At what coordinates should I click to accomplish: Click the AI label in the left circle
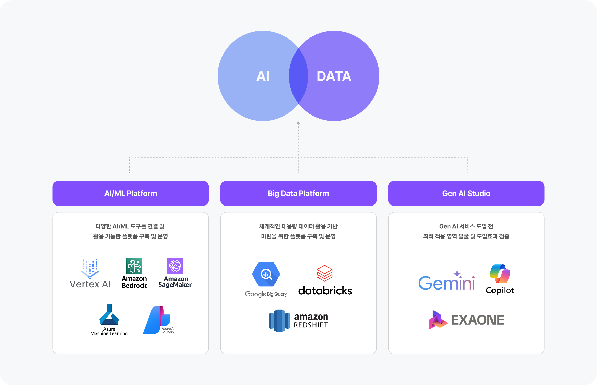tap(263, 76)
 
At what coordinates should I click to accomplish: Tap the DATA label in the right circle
tap(334, 76)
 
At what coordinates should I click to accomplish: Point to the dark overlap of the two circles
tap(298, 76)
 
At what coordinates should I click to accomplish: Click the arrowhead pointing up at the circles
tap(298, 123)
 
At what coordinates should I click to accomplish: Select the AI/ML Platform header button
tap(131, 193)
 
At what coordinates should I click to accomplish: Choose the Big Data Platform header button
tap(298, 193)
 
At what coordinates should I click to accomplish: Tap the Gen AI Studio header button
tap(466, 193)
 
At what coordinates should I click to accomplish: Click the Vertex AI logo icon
tap(90, 268)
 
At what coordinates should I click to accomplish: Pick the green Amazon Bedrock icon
tap(134, 266)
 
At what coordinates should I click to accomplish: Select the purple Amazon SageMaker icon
tap(175, 266)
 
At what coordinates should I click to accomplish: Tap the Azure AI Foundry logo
tap(156, 320)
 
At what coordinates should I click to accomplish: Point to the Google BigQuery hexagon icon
tap(266, 274)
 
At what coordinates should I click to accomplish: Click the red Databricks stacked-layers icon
tap(324, 273)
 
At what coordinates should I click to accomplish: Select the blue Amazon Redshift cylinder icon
tap(279, 321)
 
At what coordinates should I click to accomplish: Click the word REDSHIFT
tap(311, 325)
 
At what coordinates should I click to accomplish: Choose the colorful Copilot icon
tap(500, 274)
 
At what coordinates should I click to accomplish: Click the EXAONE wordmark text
tap(477, 320)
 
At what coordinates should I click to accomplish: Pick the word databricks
tap(325, 291)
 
